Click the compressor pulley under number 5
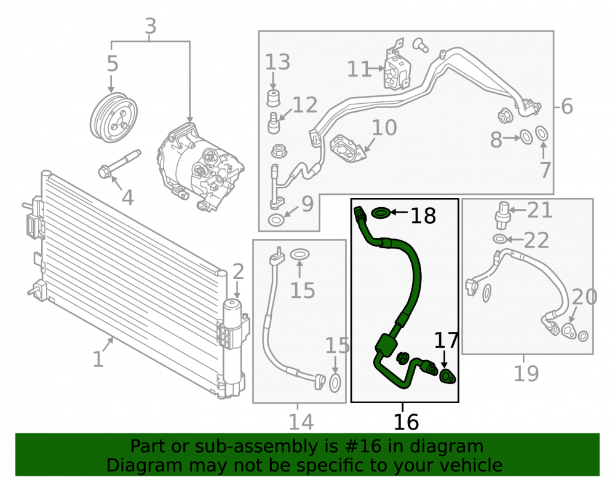point(114,117)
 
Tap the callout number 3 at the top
point(151,26)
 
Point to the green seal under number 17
point(448,377)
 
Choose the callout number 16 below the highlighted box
point(406,422)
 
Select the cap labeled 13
point(274,98)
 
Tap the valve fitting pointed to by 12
point(274,123)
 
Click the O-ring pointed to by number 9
point(276,220)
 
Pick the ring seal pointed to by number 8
point(526,137)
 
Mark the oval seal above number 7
point(542,133)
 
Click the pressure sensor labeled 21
point(502,214)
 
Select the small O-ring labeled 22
point(499,238)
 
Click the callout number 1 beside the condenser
point(98,359)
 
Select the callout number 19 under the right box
point(526,373)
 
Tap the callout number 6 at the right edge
point(567,106)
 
